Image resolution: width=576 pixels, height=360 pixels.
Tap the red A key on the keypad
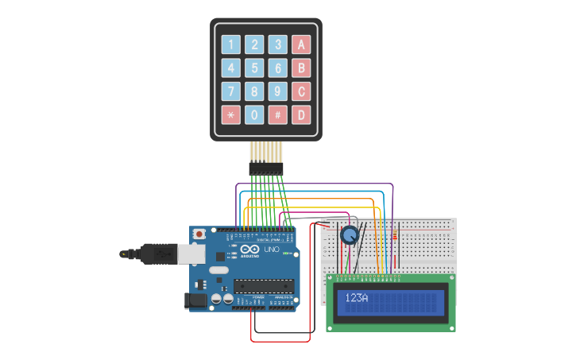pos(301,45)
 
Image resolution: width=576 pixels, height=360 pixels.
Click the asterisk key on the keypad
pos(230,115)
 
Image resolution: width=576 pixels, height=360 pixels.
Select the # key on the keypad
pos(277,115)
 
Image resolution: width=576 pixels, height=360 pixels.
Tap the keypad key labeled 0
pos(254,115)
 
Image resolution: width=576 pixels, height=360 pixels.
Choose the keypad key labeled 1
pos(230,45)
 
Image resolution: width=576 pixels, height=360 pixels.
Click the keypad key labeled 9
pos(277,91)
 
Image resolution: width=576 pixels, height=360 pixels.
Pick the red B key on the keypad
pos(301,68)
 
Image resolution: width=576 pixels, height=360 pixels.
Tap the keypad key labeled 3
pos(277,45)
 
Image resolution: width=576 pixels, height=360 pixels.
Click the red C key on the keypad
pos(301,91)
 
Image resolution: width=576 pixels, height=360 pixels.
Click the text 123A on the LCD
pos(357,298)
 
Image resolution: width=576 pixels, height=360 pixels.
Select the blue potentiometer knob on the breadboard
pos(349,235)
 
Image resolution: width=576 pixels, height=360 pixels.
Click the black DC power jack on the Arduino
pos(195,300)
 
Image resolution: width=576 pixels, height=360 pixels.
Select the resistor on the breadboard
pos(396,235)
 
